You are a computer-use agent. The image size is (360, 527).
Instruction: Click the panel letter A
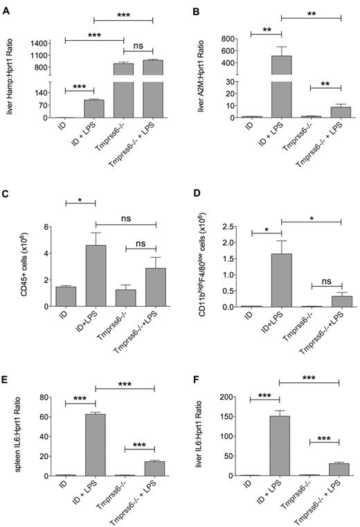[x=6, y=6]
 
